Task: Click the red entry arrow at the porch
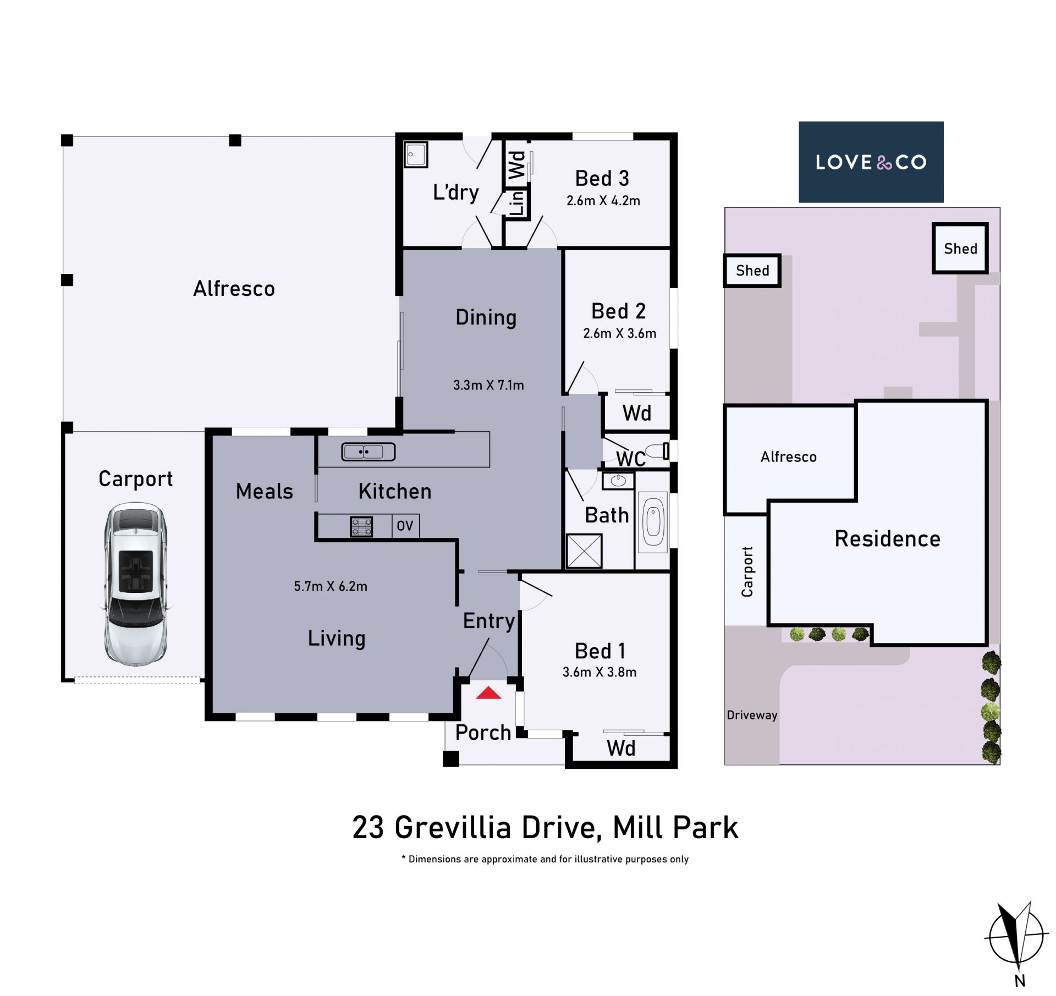click(488, 692)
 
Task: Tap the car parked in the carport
click(135, 584)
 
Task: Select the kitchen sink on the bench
click(369, 452)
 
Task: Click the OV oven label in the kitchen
click(405, 526)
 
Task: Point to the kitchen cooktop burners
click(361, 526)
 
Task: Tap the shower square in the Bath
click(584, 551)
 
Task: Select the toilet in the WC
click(658, 451)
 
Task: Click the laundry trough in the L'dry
click(416, 155)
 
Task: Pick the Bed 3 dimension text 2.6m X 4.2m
click(603, 201)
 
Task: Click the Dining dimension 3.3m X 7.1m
click(488, 385)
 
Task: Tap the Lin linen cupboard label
click(517, 203)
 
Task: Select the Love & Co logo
click(871, 162)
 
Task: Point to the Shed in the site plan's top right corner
click(960, 248)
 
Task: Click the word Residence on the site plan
click(887, 539)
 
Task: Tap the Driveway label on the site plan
click(752, 715)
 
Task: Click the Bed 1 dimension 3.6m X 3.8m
click(599, 672)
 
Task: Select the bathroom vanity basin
click(618, 481)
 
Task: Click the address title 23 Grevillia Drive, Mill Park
click(545, 828)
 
